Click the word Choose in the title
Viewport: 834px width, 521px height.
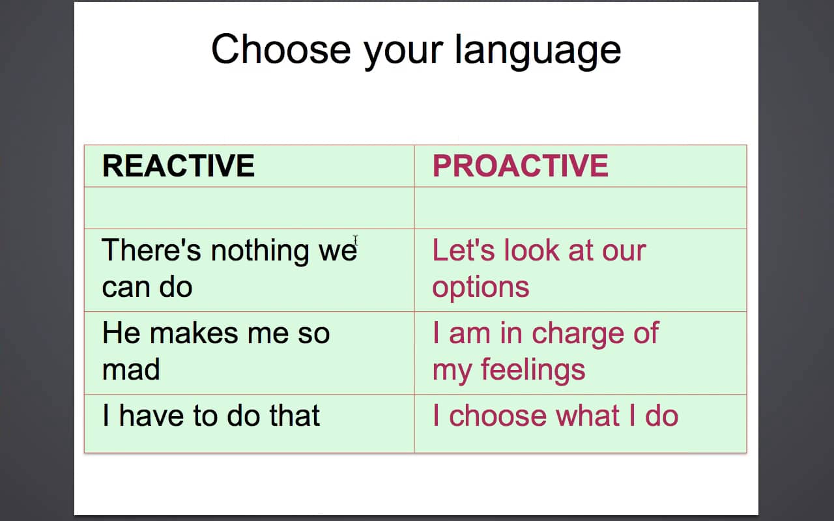[x=281, y=49]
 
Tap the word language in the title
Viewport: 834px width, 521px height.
[x=538, y=52]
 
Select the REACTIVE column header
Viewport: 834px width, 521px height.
[x=179, y=165]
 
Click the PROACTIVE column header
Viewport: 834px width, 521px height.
[x=520, y=165]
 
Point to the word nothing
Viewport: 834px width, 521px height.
[x=260, y=252]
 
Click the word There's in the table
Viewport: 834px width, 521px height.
[x=151, y=249]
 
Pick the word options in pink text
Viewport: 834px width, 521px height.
[x=481, y=289]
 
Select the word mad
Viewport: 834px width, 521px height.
[x=131, y=369]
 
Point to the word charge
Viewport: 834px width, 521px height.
[x=578, y=335]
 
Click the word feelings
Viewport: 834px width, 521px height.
[x=533, y=371]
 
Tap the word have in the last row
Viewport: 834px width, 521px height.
[x=151, y=415]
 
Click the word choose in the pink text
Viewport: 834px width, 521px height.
[x=498, y=415]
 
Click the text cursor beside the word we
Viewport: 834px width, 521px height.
[x=356, y=240]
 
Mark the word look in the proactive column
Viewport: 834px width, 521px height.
[x=532, y=249]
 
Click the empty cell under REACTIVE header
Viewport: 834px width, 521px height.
[x=249, y=208]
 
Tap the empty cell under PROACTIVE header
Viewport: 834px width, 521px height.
[x=581, y=208]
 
